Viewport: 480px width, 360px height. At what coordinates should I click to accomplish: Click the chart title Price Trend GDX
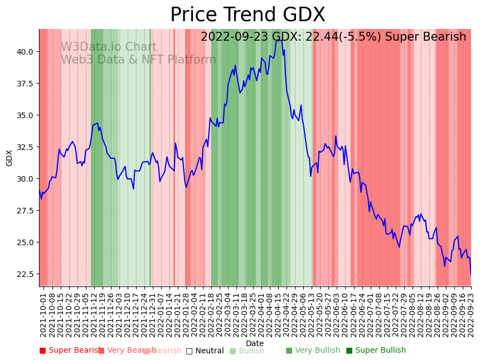pos(248,15)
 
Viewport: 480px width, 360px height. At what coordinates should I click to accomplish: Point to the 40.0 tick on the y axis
pos(25,51)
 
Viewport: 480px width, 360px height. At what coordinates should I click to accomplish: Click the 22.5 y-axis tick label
pos(25,274)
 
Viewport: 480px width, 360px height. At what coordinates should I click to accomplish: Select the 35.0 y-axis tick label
pos(25,115)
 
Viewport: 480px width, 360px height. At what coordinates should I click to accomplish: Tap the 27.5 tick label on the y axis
pos(25,210)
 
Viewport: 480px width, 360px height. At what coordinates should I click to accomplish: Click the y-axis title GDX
pos(9,158)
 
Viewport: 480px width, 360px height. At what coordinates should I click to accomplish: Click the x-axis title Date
pos(255,343)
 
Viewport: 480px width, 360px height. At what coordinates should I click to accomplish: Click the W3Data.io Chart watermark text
pos(109,47)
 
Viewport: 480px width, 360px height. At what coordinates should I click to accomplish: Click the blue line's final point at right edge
pos(471,274)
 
